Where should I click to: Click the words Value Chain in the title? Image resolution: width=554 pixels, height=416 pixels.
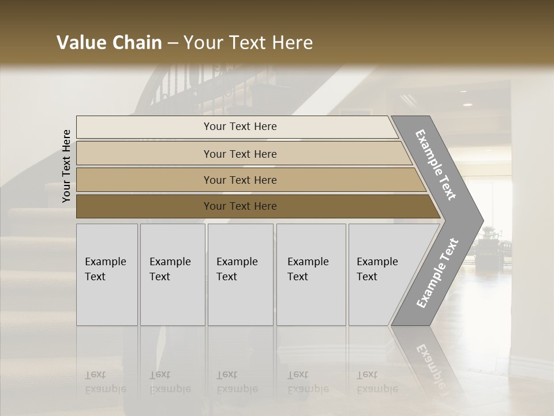109,43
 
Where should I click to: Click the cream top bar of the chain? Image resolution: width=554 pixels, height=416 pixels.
144,127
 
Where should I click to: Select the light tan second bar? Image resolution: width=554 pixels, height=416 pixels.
144,154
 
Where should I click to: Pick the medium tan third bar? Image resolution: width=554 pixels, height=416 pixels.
144,180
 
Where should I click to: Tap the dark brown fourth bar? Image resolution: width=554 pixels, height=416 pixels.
144,206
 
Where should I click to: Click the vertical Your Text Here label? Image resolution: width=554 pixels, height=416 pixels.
66,166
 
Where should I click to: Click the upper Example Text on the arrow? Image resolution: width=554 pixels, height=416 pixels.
436,164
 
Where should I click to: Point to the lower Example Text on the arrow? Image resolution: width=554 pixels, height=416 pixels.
437,273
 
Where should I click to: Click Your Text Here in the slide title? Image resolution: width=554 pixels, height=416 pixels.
248,43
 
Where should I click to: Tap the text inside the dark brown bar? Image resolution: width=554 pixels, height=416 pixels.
240,206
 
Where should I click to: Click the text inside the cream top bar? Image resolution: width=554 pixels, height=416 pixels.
240,127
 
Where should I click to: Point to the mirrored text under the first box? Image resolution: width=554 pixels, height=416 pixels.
105,382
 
